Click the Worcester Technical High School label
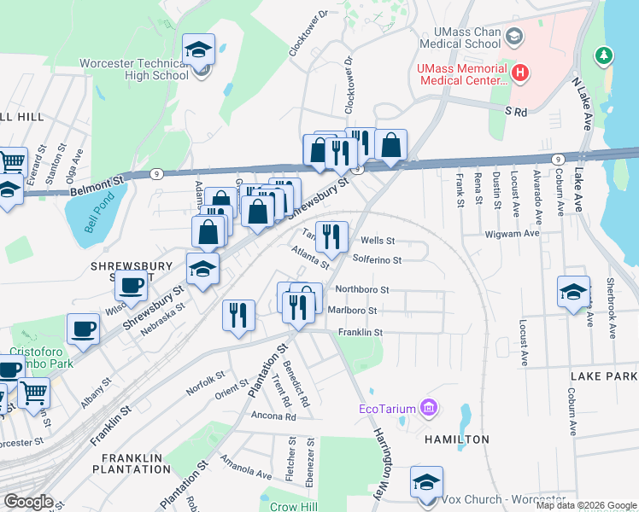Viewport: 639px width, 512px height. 134,69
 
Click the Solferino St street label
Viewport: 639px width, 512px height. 377,259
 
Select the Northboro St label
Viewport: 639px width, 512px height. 361,290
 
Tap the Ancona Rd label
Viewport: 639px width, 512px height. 273,417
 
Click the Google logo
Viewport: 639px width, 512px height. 29,502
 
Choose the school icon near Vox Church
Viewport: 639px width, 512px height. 426,482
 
